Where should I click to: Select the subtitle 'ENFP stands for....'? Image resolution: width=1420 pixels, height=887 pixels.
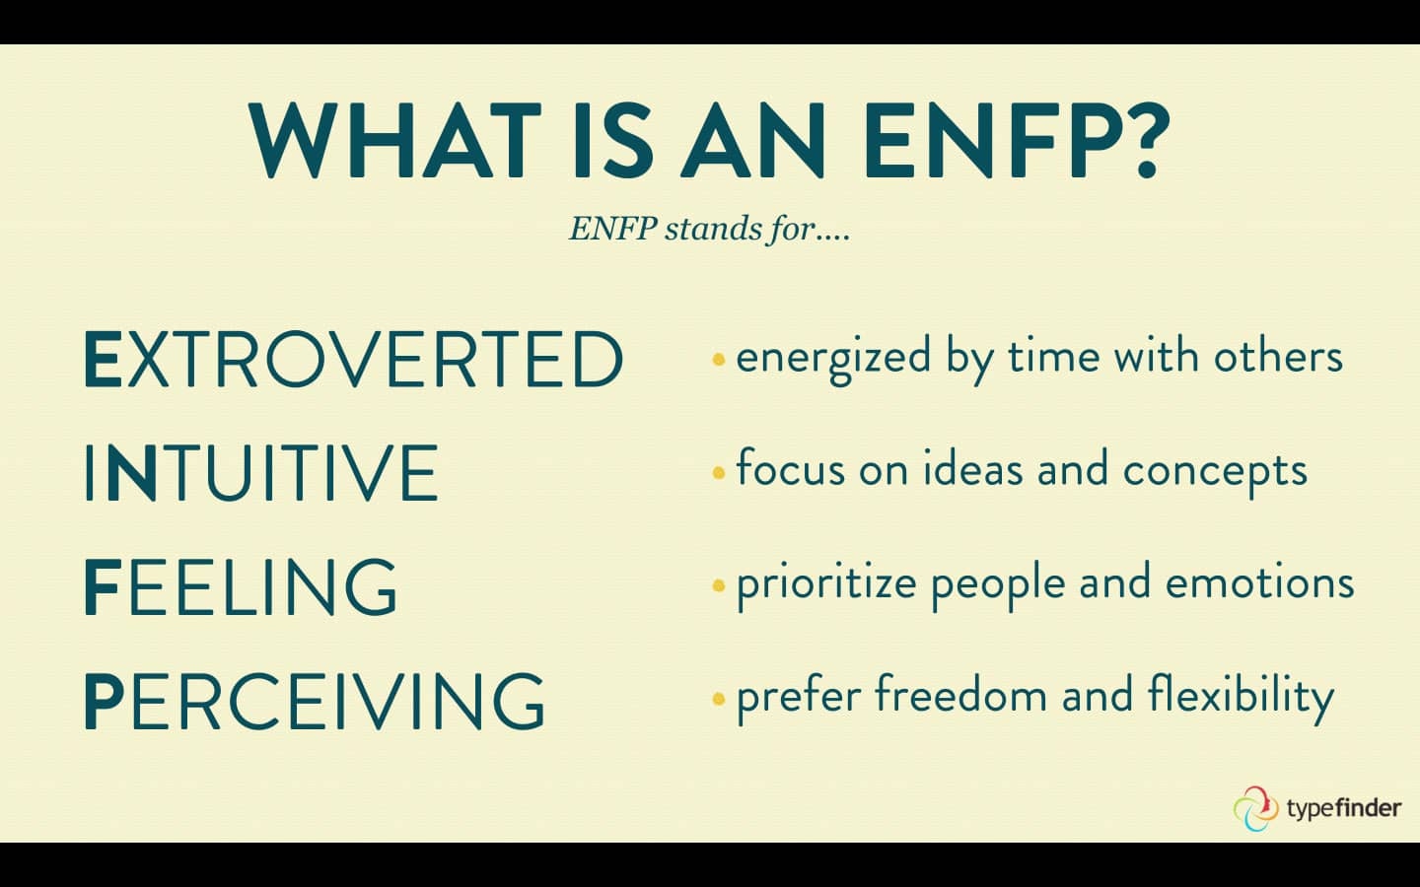[709, 229]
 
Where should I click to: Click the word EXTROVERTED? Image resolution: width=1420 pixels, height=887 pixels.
[353, 359]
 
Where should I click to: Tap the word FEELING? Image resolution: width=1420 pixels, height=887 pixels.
[241, 587]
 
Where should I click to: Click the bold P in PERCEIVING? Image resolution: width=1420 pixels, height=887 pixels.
[104, 702]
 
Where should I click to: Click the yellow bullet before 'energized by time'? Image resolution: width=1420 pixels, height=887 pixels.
[718, 359]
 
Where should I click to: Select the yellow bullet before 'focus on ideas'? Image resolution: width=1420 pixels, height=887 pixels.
[718, 473]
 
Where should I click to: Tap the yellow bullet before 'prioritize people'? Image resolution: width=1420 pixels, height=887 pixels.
[718, 586]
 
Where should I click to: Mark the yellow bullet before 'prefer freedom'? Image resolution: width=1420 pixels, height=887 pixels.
[718, 700]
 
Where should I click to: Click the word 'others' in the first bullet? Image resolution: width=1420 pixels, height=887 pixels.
[1278, 357]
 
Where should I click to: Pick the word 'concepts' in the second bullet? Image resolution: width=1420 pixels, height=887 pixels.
[1215, 471]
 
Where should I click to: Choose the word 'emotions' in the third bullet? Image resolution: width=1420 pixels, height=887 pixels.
[1259, 583]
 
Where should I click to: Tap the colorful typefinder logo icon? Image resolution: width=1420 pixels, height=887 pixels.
[1255, 808]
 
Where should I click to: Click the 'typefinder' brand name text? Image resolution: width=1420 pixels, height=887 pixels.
[1343, 809]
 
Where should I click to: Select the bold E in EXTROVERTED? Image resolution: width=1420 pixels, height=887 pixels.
[103, 360]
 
